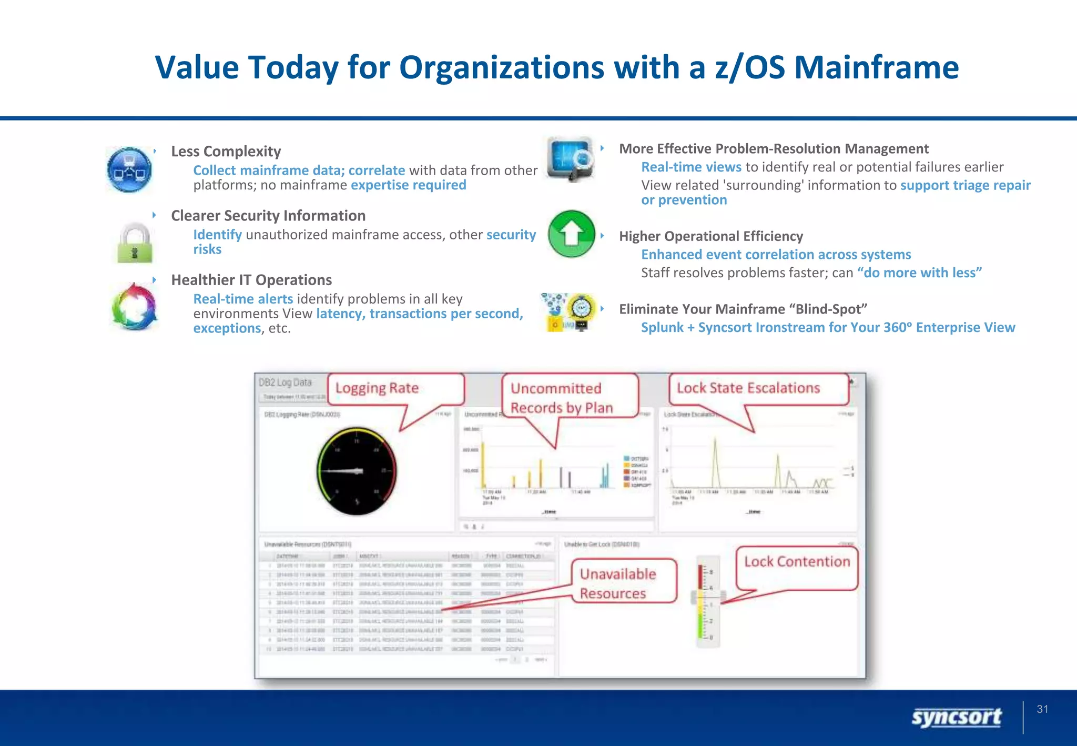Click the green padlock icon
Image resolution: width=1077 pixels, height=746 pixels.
tap(135, 243)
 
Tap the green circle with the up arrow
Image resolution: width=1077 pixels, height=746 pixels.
tap(571, 234)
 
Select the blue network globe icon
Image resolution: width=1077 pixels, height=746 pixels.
tap(129, 169)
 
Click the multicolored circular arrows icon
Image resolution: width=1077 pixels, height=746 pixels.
tap(135, 307)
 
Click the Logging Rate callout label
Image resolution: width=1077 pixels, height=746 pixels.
tap(378, 388)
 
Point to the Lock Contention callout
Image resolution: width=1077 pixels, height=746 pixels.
tap(796, 562)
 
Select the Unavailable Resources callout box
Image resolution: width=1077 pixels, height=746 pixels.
tap(618, 583)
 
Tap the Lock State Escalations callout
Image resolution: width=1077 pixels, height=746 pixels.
tap(748, 388)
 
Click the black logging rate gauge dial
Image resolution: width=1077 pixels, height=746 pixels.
tap(357, 471)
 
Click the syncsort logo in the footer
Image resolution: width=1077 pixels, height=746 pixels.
tap(956, 717)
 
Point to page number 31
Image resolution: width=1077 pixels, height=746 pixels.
tap(1042, 709)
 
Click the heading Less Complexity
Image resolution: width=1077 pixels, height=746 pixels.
tap(226, 152)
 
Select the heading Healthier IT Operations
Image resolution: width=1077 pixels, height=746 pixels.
tap(251, 280)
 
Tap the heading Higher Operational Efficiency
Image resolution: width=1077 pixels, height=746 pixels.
tap(710, 236)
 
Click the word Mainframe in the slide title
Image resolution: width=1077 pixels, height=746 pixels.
tap(876, 67)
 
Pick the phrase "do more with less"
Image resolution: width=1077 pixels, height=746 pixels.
tap(919, 273)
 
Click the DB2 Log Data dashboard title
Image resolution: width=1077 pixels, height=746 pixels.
tap(285, 382)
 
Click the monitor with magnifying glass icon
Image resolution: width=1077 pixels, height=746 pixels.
tap(571, 159)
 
